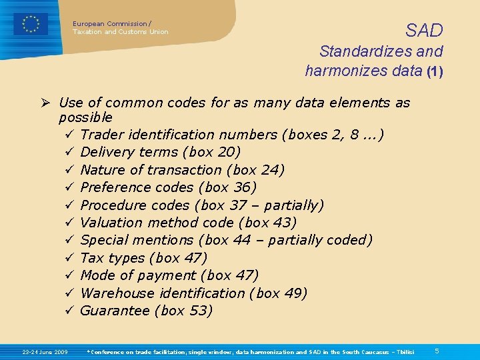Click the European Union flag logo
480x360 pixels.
click(31, 24)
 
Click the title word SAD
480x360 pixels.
click(424, 30)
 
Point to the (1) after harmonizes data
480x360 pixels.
click(435, 70)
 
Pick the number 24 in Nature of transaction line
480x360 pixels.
click(271, 170)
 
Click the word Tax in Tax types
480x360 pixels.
click(91, 257)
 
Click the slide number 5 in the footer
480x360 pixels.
click(437, 351)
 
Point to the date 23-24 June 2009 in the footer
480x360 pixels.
click(45, 351)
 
